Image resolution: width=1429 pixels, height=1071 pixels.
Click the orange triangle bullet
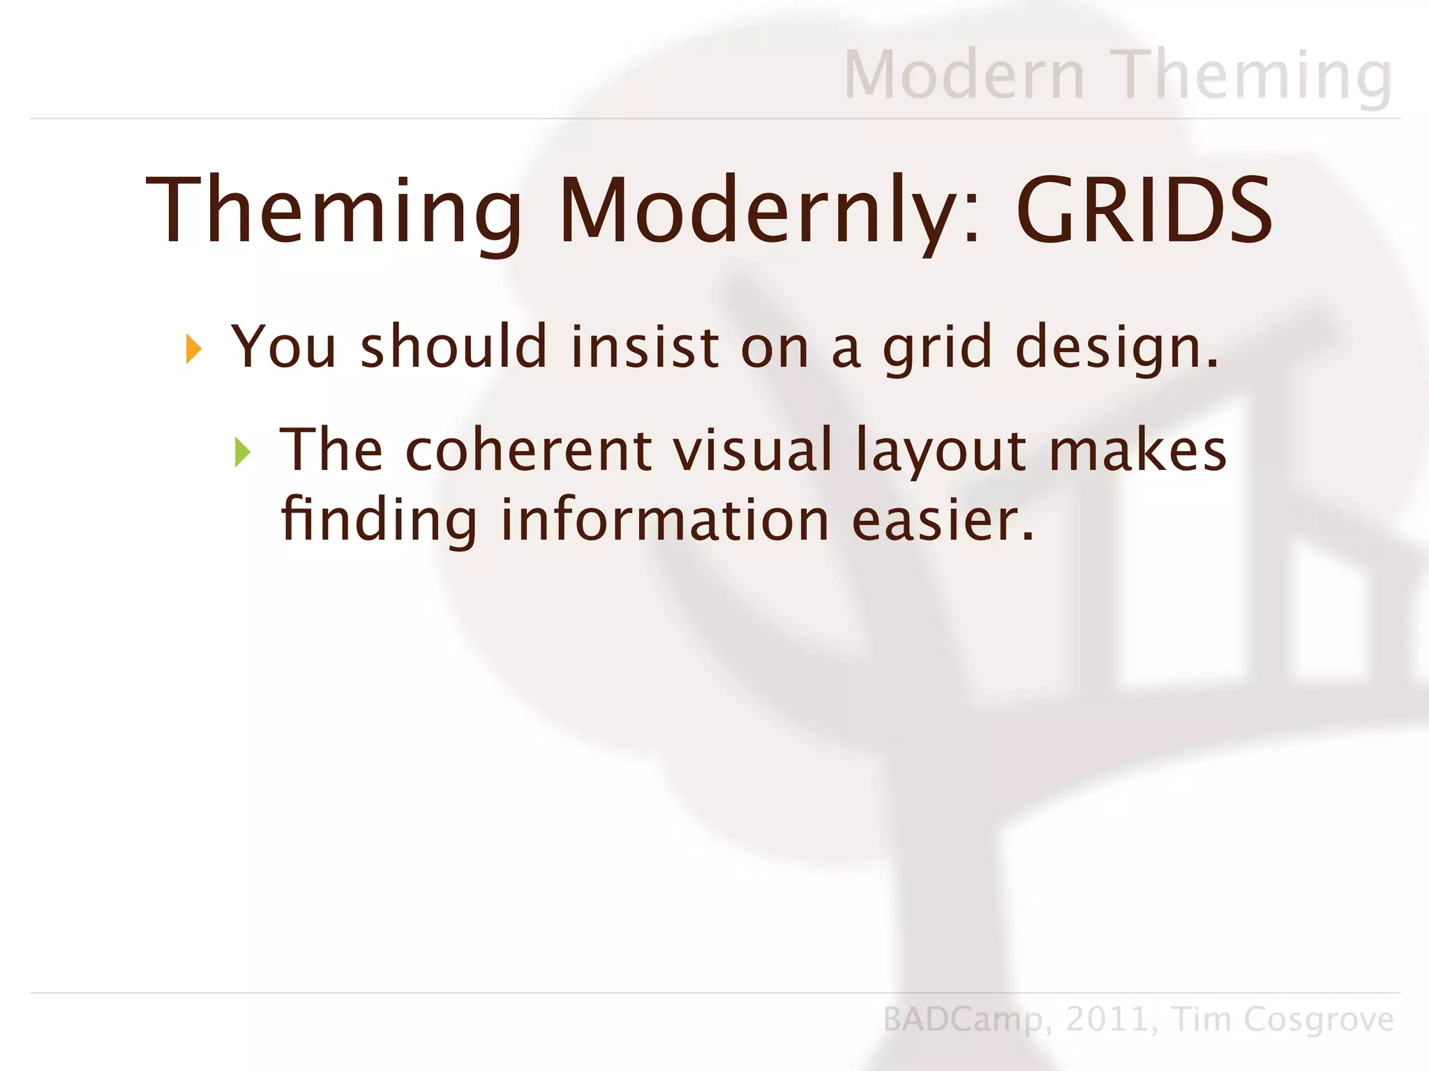(x=193, y=349)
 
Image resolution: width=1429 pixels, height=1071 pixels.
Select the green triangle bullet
(x=242, y=453)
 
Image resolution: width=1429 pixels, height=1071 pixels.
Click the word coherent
(x=528, y=450)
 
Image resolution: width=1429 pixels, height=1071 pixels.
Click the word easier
(x=943, y=520)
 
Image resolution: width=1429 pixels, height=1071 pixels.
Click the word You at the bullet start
(x=284, y=347)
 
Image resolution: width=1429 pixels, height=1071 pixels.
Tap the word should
(x=454, y=347)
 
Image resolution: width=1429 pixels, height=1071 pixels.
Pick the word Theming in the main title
(x=334, y=213)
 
